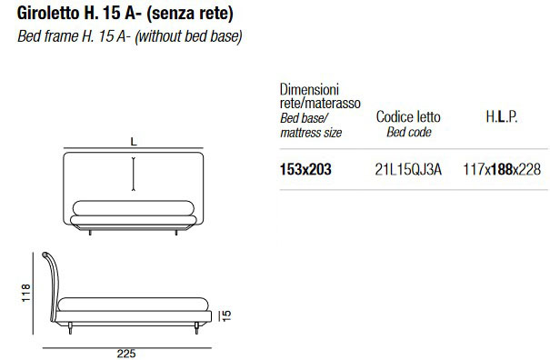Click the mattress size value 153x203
tap(305, 169)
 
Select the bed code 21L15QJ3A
tap(408, 169)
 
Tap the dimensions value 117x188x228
tap(502, 169)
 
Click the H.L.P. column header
tap(502, 116)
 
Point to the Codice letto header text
tap(408, 117)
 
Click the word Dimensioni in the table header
tap(309, 89)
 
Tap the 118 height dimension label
tap(26, 293)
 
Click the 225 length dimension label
tap(126, 354)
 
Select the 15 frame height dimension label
tap(227, 315)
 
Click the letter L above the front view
tap(134, 142)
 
